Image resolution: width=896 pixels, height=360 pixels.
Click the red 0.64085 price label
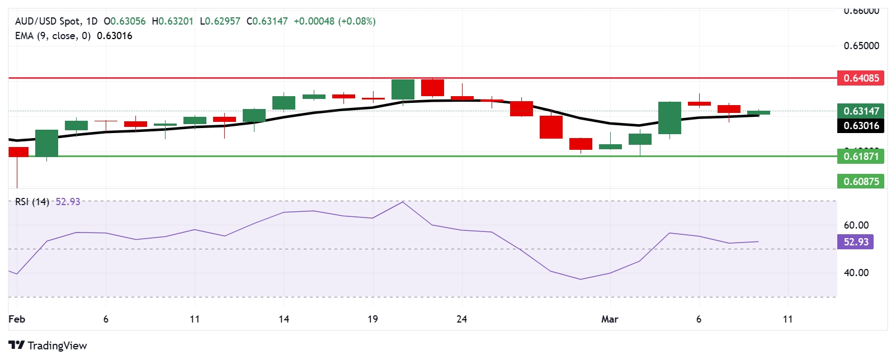pos(860,78)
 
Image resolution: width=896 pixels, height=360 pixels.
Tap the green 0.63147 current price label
pos(860,111)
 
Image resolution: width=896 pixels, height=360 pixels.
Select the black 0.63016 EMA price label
pos(860,126)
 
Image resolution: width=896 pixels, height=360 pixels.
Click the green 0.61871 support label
pos(860,157)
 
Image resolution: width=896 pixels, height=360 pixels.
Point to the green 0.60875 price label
pos(860,181)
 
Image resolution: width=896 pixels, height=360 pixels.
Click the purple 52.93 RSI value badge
pos(856,242)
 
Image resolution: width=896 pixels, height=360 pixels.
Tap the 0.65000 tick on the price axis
pos(861,46)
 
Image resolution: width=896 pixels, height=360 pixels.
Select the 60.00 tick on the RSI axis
pos(856,225)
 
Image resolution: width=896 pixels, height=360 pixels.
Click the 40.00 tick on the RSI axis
pos(856,273)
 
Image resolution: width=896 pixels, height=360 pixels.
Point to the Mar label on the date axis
pos(610,319)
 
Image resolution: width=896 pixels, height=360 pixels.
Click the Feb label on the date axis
pos(17,319)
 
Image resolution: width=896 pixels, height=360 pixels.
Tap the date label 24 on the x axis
pos(461,319)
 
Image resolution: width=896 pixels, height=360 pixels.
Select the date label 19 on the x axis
pos(372,319)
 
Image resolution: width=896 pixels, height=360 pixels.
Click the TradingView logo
pos(48,345)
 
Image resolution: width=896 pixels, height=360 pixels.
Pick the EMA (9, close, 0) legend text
pos(53,36)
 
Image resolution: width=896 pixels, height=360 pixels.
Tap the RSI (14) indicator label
pos(32,202)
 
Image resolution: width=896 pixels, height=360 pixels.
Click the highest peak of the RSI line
pos(403,202)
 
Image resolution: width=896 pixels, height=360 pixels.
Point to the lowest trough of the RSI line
pos(581,279)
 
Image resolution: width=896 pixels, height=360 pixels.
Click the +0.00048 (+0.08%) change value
pos(334,21)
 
